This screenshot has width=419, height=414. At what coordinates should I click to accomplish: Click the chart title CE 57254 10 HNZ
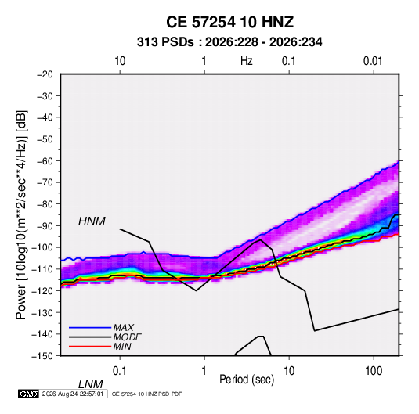point(229,22)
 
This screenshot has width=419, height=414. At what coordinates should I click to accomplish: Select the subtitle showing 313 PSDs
point(229,42)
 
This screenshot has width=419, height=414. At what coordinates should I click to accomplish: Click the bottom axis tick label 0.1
point(120,371)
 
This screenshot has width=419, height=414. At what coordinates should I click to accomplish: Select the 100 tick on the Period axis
point(374,371)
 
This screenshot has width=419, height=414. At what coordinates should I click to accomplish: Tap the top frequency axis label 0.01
point(373,61)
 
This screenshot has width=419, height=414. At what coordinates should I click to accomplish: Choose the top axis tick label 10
point(120,61)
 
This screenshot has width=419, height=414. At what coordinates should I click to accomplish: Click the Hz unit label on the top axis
point(246,61)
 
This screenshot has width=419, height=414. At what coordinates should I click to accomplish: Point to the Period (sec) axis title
point(247,380)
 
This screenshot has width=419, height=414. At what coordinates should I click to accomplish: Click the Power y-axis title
point(21,215)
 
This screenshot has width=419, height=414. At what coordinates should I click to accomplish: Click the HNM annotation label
point(92,221)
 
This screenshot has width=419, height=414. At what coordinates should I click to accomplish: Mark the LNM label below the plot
point(90,384)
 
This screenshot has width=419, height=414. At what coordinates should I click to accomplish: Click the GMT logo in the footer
point(28,394)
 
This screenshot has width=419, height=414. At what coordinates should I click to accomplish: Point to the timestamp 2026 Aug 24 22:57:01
point(73,394)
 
